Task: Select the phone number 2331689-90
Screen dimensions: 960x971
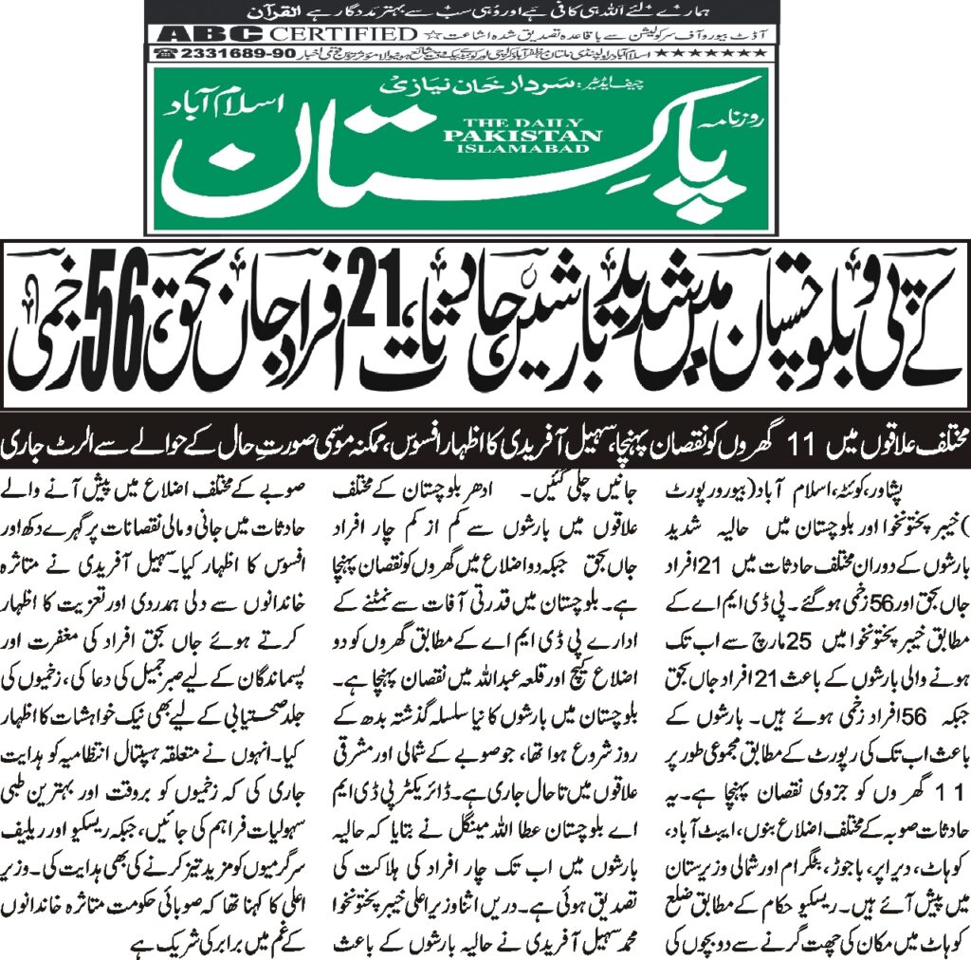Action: pos(225,53)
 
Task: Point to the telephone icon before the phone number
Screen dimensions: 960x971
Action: pos(163,53)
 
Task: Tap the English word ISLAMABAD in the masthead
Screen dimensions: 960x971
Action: pos(522,150)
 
